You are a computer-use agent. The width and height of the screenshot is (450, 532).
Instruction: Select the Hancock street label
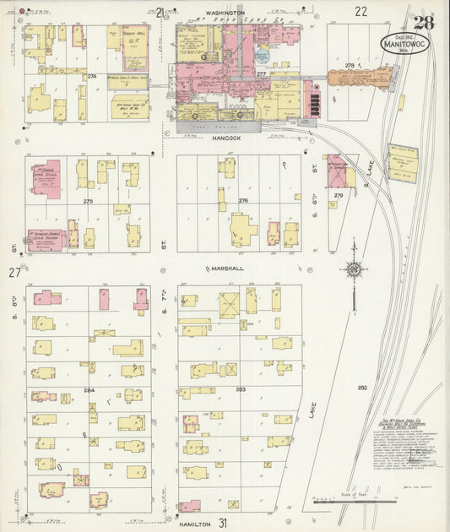click(x=226, y=136)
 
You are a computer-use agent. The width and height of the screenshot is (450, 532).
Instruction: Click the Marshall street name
click(x=225, y=269)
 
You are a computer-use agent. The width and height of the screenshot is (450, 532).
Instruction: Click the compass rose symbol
click(x=355, y=270)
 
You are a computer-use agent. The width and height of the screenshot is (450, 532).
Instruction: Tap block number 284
click(x=89, y=389)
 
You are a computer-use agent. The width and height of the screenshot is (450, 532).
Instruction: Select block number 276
click(x=243, y=200)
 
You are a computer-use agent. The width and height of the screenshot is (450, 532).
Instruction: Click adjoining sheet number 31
click(x=223, y=524)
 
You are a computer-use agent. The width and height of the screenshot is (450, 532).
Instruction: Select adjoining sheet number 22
click(x=361, y=11)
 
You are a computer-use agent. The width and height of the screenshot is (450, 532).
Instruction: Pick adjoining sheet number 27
click(x=14, y=272)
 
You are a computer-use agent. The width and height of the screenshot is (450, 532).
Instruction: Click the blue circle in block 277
click(x=263, y=56)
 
